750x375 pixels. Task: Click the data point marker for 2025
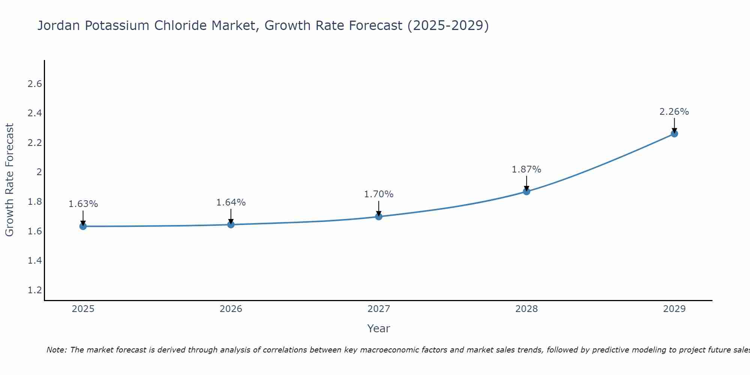click(83, 226)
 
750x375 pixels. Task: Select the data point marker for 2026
click(231, 225)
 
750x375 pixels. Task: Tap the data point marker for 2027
click(378, 216)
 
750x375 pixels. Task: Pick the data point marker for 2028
click(526, 191)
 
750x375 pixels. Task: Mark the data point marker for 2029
click(674, 133)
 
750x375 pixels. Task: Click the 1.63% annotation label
click(83, 204)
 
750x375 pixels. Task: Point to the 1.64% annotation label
click(231, 202)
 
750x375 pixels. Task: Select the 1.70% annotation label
click(378, 194)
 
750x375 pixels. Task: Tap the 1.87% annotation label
click(526, 169)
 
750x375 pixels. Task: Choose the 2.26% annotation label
click(674, 112)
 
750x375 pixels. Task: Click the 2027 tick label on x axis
click(378, 309)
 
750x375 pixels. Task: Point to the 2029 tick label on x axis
click(674, 309)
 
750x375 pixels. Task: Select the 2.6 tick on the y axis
click(34, 84)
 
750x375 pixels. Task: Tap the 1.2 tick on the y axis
click(34, 290)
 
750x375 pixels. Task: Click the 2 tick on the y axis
click(39, 172)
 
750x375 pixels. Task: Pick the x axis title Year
click(378, 328)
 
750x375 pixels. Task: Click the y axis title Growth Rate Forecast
click(9, 180)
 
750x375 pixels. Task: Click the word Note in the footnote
click(56, 350)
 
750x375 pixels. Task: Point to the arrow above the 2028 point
click(526, 183)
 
